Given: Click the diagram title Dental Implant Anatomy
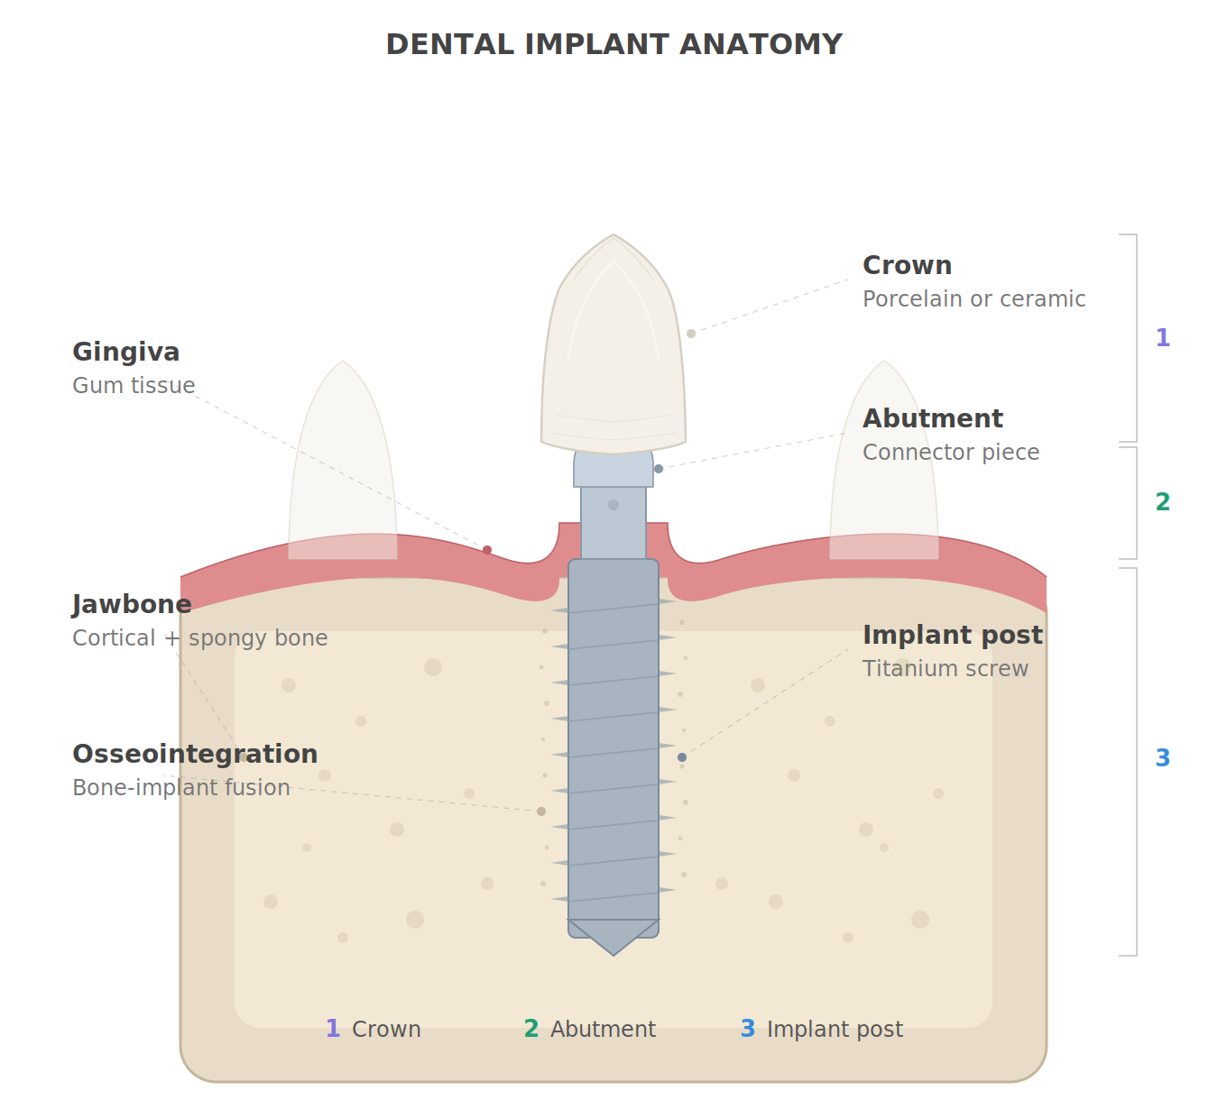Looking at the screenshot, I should (x=613, y=44).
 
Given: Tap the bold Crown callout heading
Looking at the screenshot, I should (x=907, y=266).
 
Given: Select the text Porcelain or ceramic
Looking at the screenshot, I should (x=973, y=299).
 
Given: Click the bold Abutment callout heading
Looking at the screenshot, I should (x=932, y=419).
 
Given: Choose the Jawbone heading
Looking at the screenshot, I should (x=132, y=605).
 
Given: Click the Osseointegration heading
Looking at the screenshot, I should (x=195, y=755).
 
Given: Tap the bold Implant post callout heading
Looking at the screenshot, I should (x=952, y=636).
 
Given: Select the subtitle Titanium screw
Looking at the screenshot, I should (x=945, y=669).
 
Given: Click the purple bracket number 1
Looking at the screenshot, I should (x=1163, y=338).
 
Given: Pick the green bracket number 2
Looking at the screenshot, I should (x=1163, y=502).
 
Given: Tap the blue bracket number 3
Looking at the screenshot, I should (x=1163, y=758).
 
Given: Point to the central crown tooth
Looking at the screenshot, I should (x=613, y=361).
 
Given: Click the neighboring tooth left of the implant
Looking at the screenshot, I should (x=343, y=460).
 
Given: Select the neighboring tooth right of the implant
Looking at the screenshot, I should (x=884, y=460).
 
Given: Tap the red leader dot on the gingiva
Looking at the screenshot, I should (x=487, y=550).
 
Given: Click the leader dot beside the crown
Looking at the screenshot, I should (x=691, y=334).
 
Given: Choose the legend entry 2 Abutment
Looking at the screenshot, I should (x=590, y=1030).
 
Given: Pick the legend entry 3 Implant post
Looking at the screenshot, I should (x=822, y=1030).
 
